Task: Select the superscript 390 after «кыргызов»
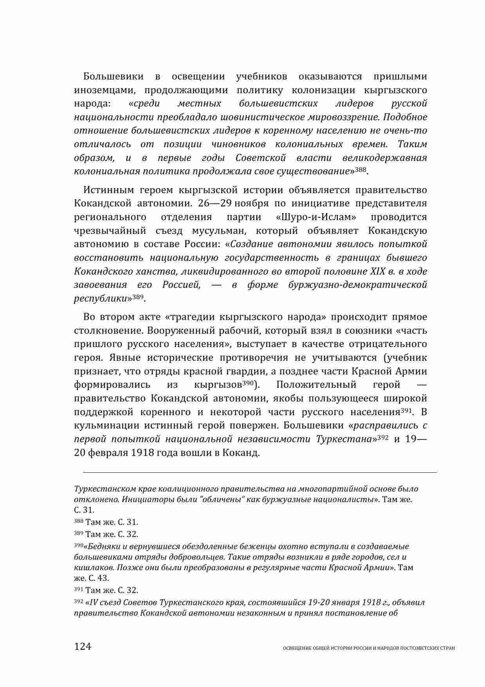pyautogui.click(x=248, y=383)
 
